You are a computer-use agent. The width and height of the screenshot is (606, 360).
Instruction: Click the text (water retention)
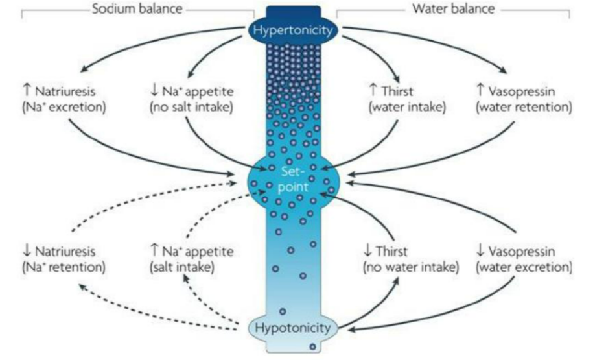click(x=524, y=108)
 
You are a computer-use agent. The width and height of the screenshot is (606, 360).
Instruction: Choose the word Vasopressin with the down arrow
click(x=530, y=251)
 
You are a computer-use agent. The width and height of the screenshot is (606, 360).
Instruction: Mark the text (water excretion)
click(x=524, y=266)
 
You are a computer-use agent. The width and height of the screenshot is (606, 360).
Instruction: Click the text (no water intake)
click(x=410, y=266)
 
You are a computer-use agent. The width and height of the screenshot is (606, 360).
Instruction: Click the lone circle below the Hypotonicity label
click(x=312, y=348)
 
